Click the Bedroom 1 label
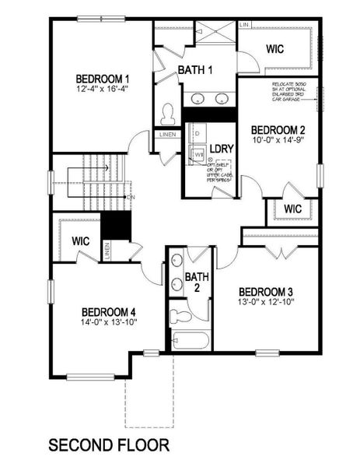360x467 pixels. click(102, 79)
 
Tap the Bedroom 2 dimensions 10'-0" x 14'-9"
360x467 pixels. click(278, 141)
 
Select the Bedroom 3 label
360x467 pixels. click(266, 286)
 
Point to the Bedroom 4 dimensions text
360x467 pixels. click(108, 321)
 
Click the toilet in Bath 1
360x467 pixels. click(166, 115)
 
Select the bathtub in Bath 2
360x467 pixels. click(190, 340)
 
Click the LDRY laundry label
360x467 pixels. click(222, 149)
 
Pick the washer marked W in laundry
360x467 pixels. click(199, 156)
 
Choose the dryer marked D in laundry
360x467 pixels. click(196, 135)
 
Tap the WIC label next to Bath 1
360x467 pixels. click(274, 49)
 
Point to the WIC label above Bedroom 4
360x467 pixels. click(83, 241)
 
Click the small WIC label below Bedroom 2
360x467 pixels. click(292, 209)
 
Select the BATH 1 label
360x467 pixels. click(195, 71)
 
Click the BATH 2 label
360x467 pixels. click(197, 282)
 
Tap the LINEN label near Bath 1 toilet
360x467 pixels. click(168, 135)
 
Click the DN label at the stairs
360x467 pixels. click(131, 197)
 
